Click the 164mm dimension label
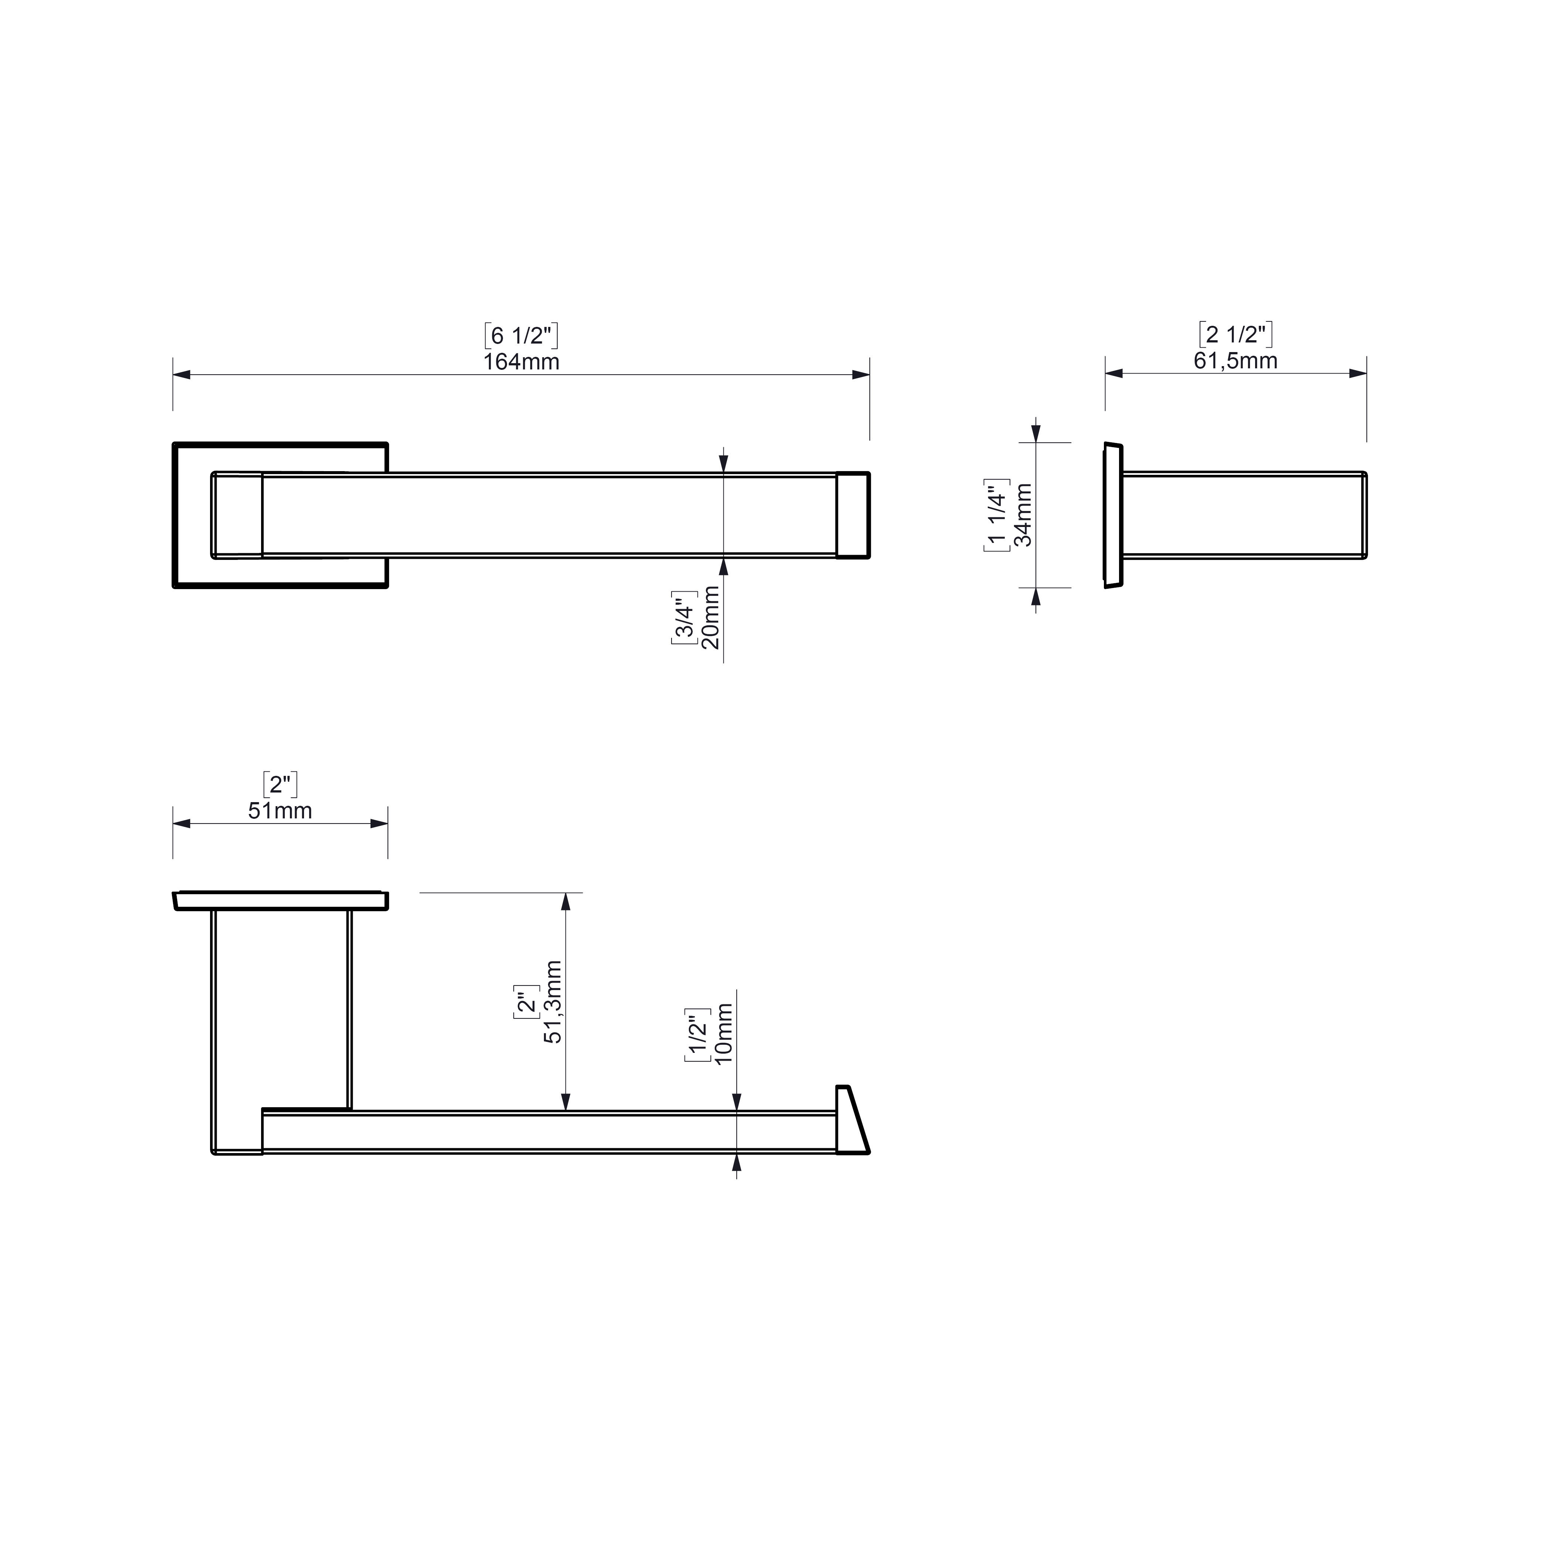pyautogui.click(x=521, y=362)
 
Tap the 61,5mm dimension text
pyautogui.click(x=1236, y=361)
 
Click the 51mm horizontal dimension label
pyautogui.click(x=280, y=811)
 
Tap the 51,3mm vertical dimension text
pyautogui.click(x=553, y=1002)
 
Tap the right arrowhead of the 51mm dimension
pyautogui.click(x=379, y=823)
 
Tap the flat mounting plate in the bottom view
pyautogui.click(x=280, y=900)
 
